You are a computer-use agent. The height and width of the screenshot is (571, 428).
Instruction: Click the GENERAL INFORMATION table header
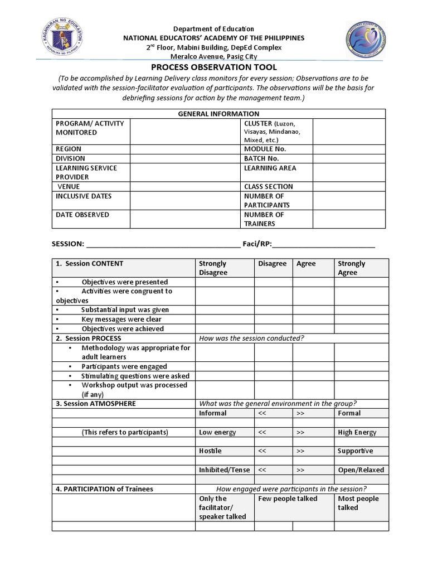click(218, 114)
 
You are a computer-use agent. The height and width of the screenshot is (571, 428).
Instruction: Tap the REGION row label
click(69, 149)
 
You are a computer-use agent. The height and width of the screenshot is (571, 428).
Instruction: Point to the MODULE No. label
click(265, 149)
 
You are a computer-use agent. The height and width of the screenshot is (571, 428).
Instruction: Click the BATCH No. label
click(261, 158)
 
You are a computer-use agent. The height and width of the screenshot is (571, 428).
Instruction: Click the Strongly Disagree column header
click(213, 268)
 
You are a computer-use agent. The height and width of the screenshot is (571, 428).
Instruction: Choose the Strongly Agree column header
click(352, 268)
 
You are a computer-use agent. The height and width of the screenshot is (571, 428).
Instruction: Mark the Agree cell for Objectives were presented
click(313, 282)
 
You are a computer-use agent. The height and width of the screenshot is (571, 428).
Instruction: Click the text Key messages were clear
click(121, 319)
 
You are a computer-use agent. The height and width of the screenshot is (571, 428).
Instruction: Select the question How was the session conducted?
click(251, 338)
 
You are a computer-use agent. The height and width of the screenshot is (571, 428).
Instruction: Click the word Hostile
click(210, 451)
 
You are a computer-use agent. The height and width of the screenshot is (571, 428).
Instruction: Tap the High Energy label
click(357, 432)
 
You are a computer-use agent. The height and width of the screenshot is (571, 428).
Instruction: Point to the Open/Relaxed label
click(361, 470)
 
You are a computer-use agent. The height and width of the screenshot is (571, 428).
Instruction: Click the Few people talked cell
click(288, 499)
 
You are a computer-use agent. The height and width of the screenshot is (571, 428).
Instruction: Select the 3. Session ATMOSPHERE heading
click(95, 403)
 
